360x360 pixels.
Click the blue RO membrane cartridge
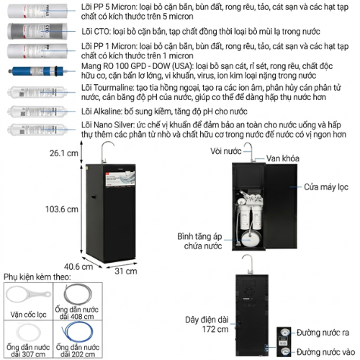(x=36, y=71)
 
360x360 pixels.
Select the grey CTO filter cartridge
(x=37, y=31)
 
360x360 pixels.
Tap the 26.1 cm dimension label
(x=64, y=153)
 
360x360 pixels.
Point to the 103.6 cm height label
(x=62, y=209)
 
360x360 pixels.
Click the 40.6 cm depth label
(x=78, y=266)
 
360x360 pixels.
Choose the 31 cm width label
(x=126, y=271)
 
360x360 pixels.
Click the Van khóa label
(x=283, y=158)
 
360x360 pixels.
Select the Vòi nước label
(x=226, y=151)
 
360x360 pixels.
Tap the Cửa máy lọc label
(x=326, y=187)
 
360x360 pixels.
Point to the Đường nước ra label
(x=323, y=333)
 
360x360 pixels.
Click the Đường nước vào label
(x=325, y=352)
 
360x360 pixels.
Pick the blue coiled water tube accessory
(x=77, y=332)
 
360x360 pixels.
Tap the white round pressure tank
(x=250, y=238)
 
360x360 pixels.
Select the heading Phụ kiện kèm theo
(x=37, y=277)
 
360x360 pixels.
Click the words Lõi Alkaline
(x=102, y=112)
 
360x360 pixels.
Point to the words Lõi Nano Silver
(x=107, y=125)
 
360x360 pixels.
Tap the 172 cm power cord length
(x=215, y=329)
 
